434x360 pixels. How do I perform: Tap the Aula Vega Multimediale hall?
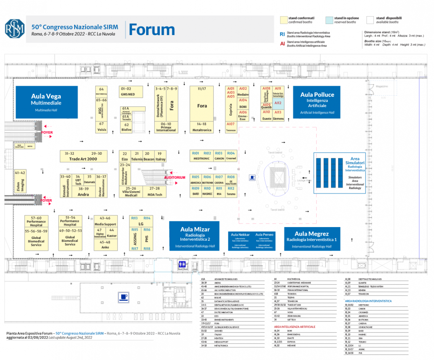click(x=46, y=102)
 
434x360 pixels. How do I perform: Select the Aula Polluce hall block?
click(x=317, y=102)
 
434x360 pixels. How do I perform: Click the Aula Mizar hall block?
click(x=195, y=236)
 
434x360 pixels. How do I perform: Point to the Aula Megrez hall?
click(x=312, y=239)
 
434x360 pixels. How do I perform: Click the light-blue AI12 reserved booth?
click(x=278, y=103)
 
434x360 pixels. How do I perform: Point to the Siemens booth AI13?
click(x=278, y=115)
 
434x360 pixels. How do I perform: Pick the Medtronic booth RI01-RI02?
click(x=202, y=156)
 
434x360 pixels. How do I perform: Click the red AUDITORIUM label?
click(x=175, y=178)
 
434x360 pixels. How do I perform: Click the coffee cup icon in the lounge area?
click(x=252, y=177)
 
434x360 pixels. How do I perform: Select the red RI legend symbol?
click(x=282, y=34)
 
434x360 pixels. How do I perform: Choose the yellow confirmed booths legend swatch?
click(x=283, y=20)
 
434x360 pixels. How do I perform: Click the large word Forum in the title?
click(x=152, y=29)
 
